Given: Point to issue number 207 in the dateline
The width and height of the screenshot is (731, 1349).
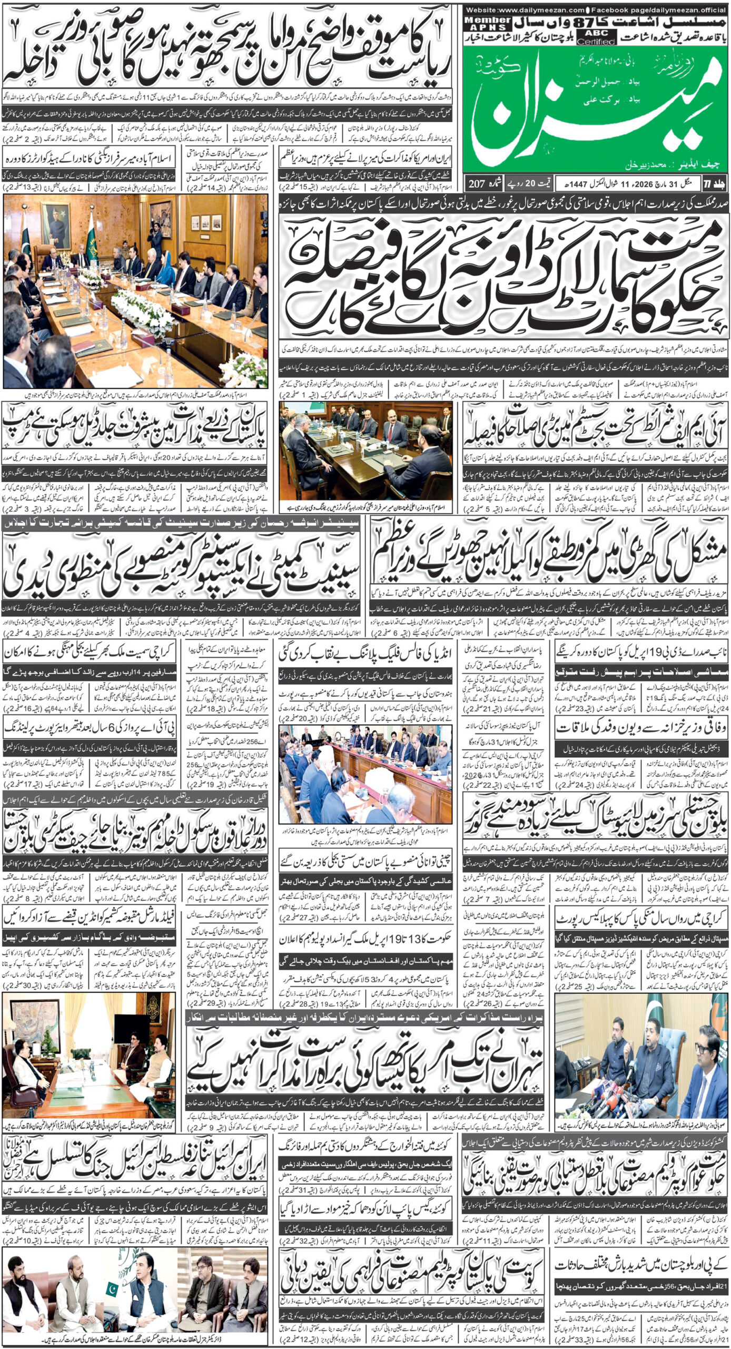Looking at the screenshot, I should (476, 184).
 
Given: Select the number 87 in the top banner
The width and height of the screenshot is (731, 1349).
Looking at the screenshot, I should (578, 23).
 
